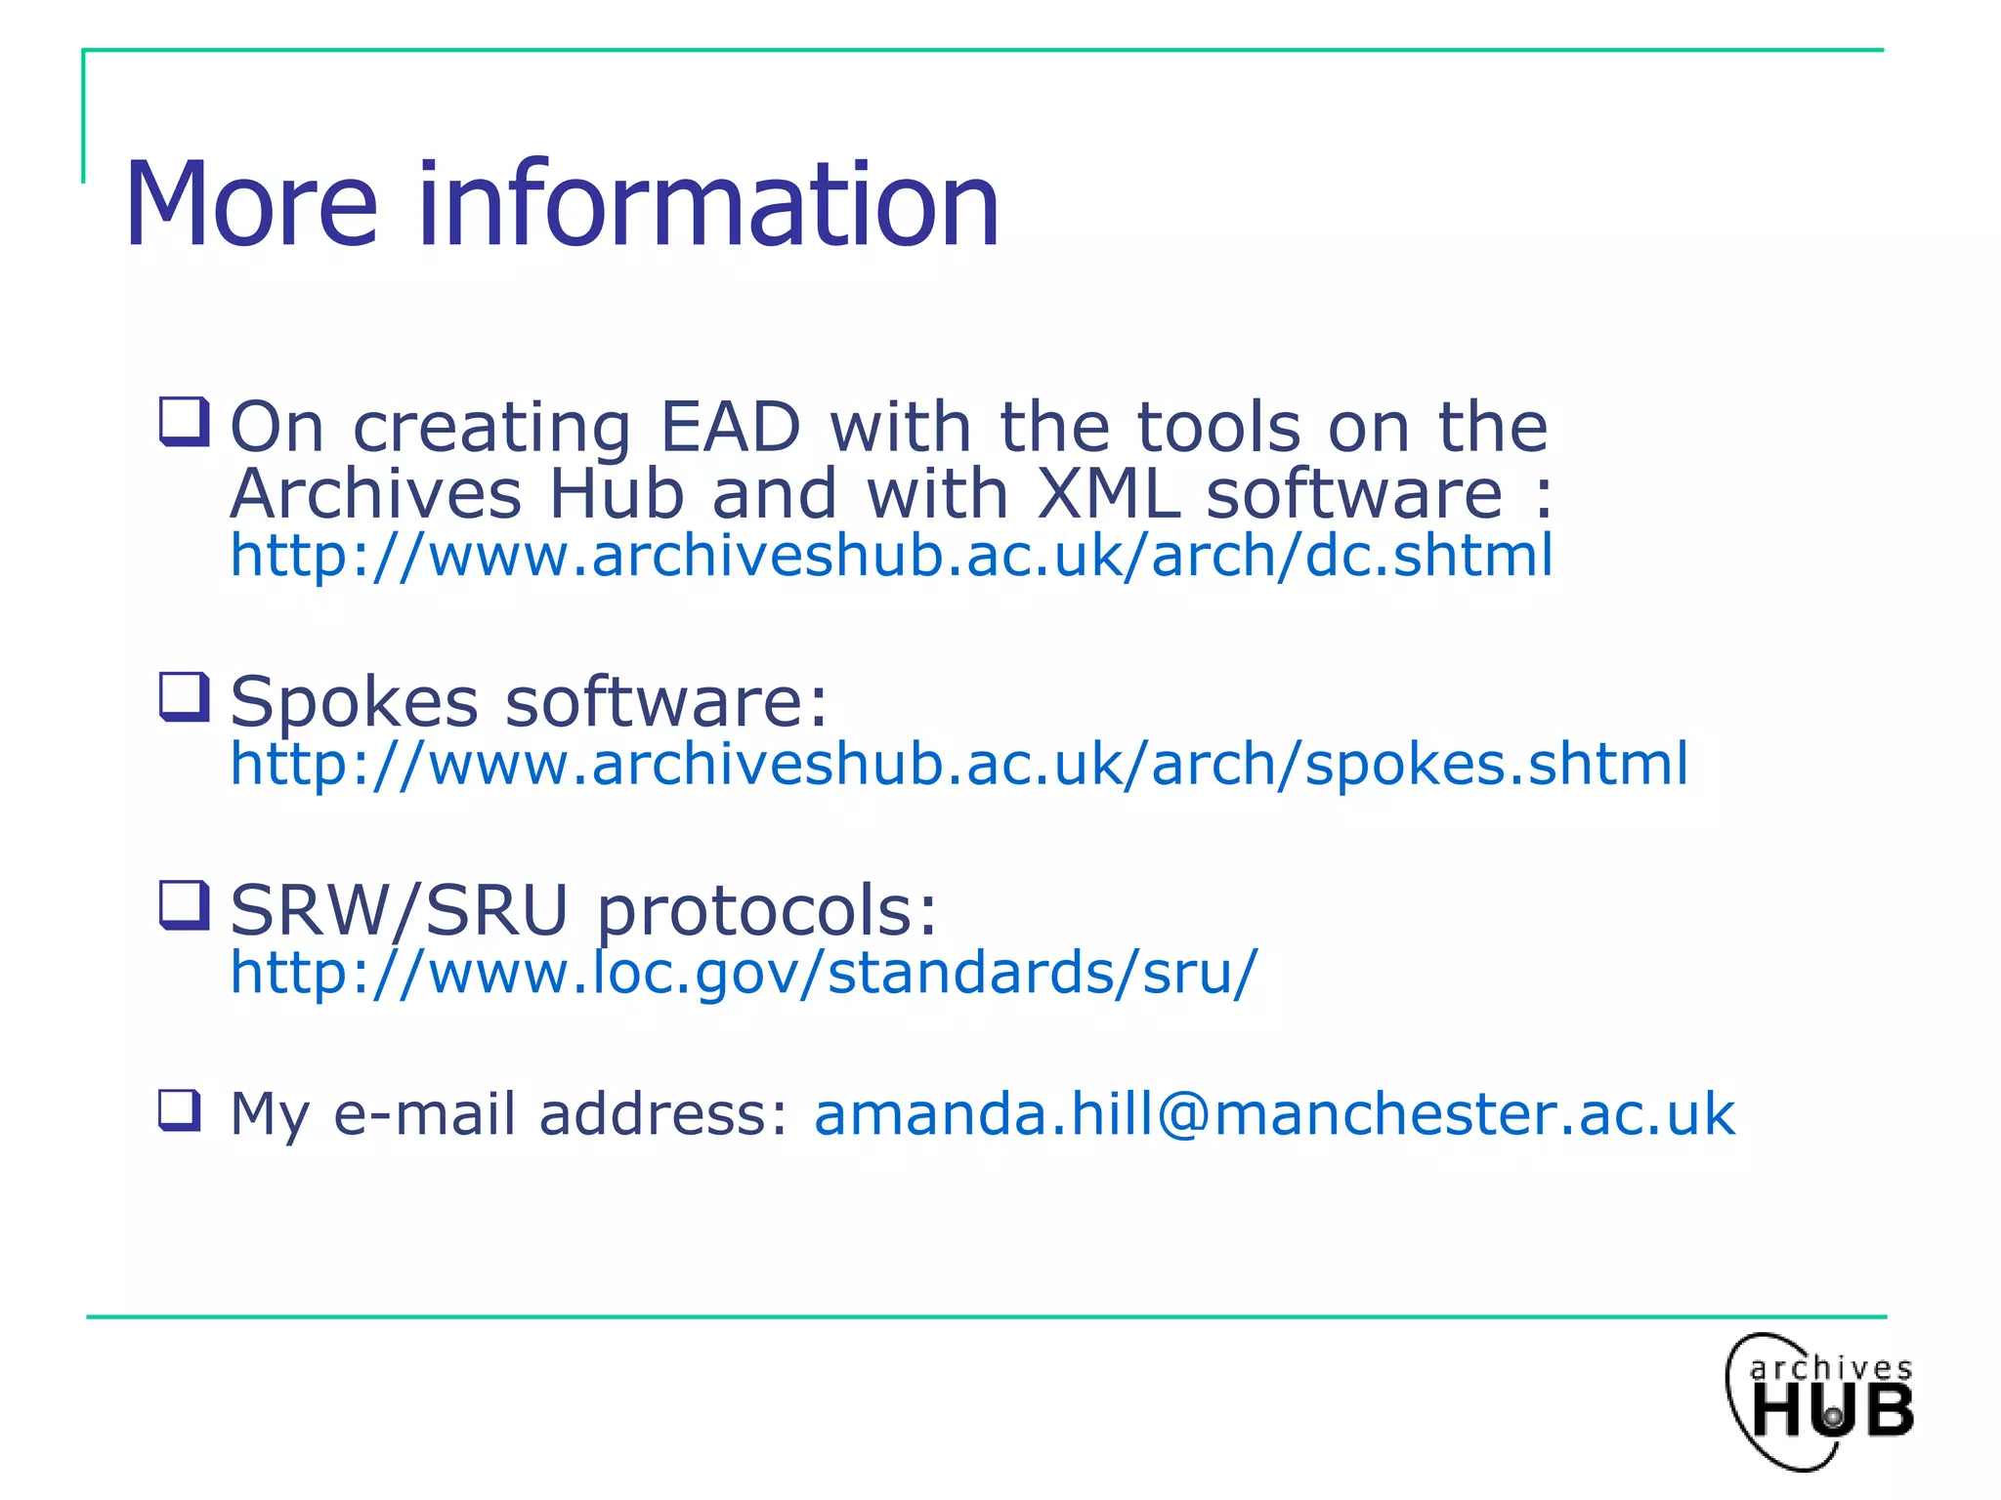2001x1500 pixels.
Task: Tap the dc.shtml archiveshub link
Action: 891,557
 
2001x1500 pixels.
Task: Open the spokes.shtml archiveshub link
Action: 958,765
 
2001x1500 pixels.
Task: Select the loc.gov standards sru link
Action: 744,973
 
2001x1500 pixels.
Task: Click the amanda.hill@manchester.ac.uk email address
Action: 1274,1114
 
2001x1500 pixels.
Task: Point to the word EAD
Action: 730,428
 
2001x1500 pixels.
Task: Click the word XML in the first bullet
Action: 1106,494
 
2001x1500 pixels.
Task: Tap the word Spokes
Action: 354,702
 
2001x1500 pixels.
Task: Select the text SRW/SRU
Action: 399,911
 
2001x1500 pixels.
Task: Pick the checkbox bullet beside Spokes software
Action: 184,697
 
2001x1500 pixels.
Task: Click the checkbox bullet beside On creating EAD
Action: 184,422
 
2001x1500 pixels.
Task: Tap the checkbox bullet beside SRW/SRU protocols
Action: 184,905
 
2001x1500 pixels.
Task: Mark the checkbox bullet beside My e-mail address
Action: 181,1110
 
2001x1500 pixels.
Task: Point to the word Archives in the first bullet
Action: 376,494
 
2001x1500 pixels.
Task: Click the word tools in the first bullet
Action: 1219,428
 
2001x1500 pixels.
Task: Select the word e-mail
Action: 424,1114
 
